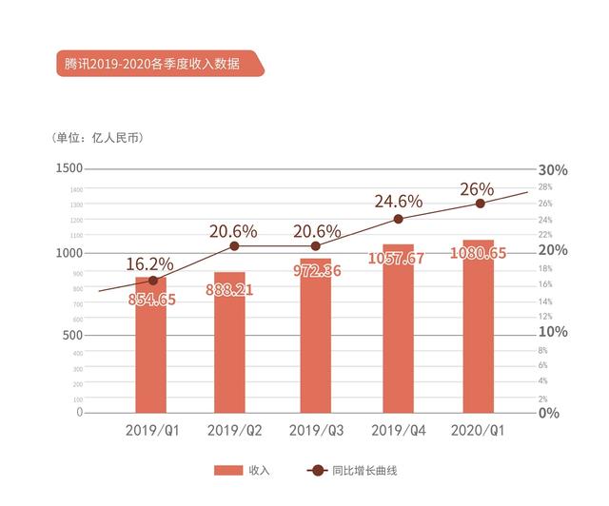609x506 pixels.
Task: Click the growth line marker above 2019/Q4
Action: [x=398, y=219]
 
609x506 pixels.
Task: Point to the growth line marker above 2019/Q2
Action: [x=234, y=246]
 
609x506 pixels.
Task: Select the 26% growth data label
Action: [x=477, y=189]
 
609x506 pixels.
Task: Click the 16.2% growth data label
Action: [x=150, y=264]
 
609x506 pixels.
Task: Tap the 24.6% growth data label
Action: [x=398, y=202]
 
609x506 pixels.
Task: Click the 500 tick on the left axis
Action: [x=72, y=334]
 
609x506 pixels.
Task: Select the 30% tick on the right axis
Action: [x=553, y=170]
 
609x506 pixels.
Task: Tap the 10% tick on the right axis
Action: [x=553, y=332]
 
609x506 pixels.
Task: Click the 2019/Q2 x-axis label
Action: [x=234, y=430]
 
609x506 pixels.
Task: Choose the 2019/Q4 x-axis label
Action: [x=398, y=430]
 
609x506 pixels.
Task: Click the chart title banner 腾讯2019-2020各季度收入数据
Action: [x=152, y=65]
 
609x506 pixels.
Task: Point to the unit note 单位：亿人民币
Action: [x=99, y=138]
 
